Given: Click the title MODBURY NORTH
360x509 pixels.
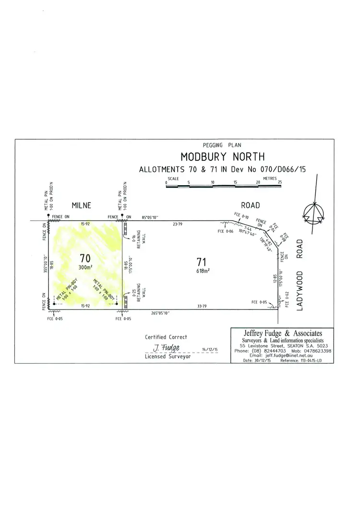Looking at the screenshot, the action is [222, 157].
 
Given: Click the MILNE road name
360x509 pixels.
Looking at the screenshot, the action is [82, 205].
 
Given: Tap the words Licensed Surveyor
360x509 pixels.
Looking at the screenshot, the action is [168, 357].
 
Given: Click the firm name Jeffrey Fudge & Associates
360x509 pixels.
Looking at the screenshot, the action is [282, 333].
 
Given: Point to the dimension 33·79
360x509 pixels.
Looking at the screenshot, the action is [201, 306].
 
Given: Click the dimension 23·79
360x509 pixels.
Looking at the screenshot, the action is [177, 224].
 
